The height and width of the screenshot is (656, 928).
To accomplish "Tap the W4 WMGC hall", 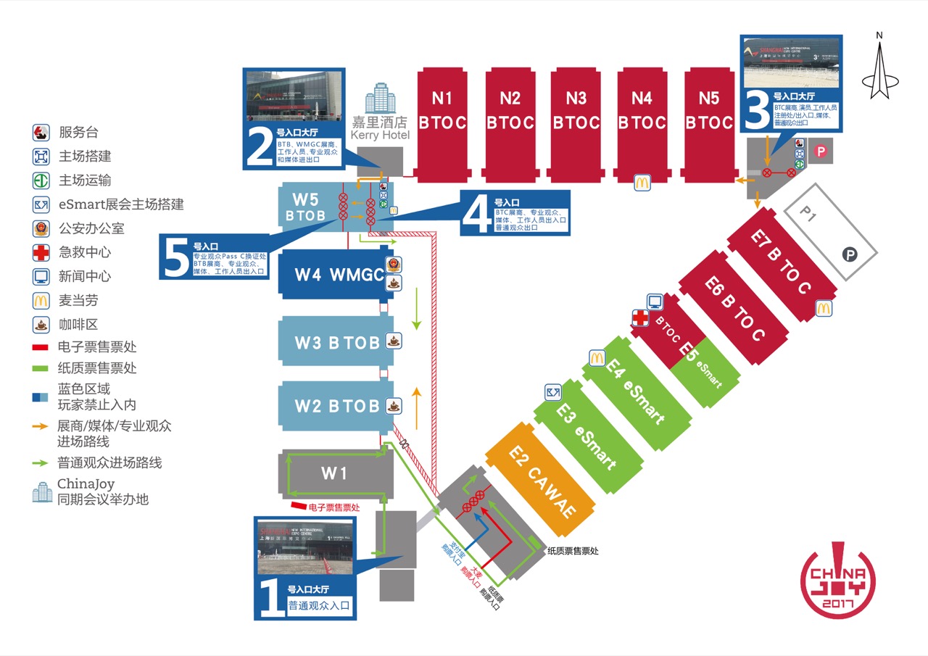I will (x=332, y=275).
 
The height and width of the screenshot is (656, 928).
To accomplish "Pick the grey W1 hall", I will (x=334, y=474).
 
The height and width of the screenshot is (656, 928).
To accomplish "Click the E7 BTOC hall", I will (x=780, y=262).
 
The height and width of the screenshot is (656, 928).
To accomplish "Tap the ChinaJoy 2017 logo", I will (x=837, y=581).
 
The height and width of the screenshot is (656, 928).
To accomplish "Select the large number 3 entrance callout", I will (x=758, y=110).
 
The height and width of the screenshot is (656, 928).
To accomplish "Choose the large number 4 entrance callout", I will (x=476, y=215).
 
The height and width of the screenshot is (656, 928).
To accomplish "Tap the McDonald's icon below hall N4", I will (x=642, y=183).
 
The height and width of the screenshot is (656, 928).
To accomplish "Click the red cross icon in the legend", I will (x=41, y=252).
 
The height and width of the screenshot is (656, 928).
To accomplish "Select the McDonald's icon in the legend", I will (x=41, y=300).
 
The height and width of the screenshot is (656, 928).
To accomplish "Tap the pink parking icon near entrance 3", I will (x=821, y=151).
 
